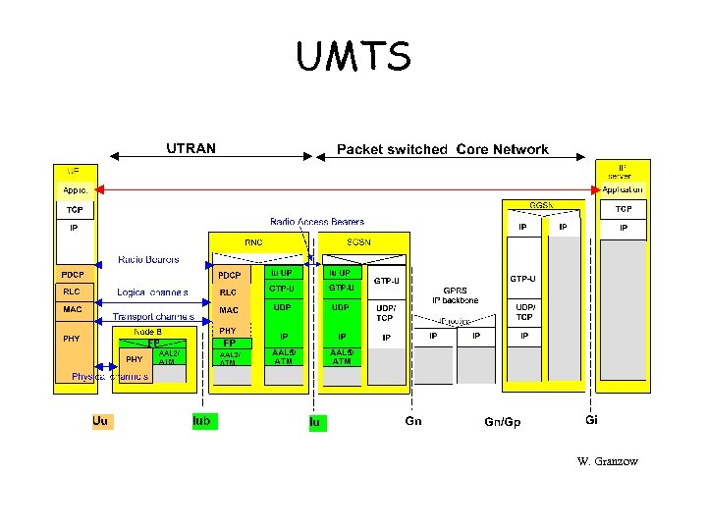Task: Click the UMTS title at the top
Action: (x=353, y=57)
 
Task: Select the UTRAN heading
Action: (x=190, y=148)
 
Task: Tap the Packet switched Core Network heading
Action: (x=442, y=149)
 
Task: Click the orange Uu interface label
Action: (x=100, y=421)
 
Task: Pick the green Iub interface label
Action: (x=202, y=421)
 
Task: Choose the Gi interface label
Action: (x=591, y=420)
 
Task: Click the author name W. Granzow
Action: (x=608, y=461)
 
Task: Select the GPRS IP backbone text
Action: (x=455, y=295)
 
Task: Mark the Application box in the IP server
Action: (x=623, y=188)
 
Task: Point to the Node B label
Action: (x=148, y=332)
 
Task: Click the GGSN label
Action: (x=542, y=205)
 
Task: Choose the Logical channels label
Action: (x=152, y=292)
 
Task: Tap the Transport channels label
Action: (x=152, y=317)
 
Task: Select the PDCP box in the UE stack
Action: (x=74, y=274)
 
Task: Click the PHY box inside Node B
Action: (x=134, y=359)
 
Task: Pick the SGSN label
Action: (x=357, y=241)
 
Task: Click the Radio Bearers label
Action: (x=148, y=260)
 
